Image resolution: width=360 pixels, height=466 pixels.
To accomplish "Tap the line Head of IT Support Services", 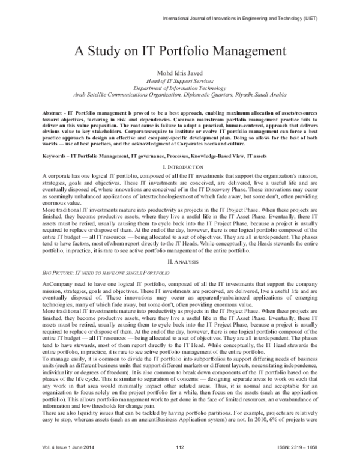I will [180, 82].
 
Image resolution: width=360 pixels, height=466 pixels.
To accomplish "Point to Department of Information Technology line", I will [180, 88].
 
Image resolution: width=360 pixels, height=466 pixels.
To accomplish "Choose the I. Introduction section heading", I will [180, 166].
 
